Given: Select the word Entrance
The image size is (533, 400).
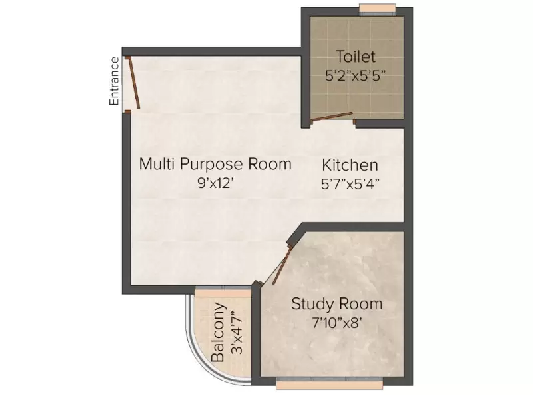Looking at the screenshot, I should point(114,81).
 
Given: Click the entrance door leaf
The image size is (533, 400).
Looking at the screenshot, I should point(134,83).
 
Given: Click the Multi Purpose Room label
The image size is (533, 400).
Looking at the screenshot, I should point(215,164).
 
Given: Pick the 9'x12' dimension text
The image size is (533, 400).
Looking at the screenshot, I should point(215,183).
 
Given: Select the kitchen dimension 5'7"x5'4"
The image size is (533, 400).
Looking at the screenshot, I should point(350,183).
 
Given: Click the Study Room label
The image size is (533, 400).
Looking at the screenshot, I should point(337,304).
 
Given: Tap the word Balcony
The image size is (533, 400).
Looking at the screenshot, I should point(219,333).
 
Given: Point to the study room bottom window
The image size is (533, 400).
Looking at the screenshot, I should point(330,385).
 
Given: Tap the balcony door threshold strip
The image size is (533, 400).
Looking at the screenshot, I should point(222,291).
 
